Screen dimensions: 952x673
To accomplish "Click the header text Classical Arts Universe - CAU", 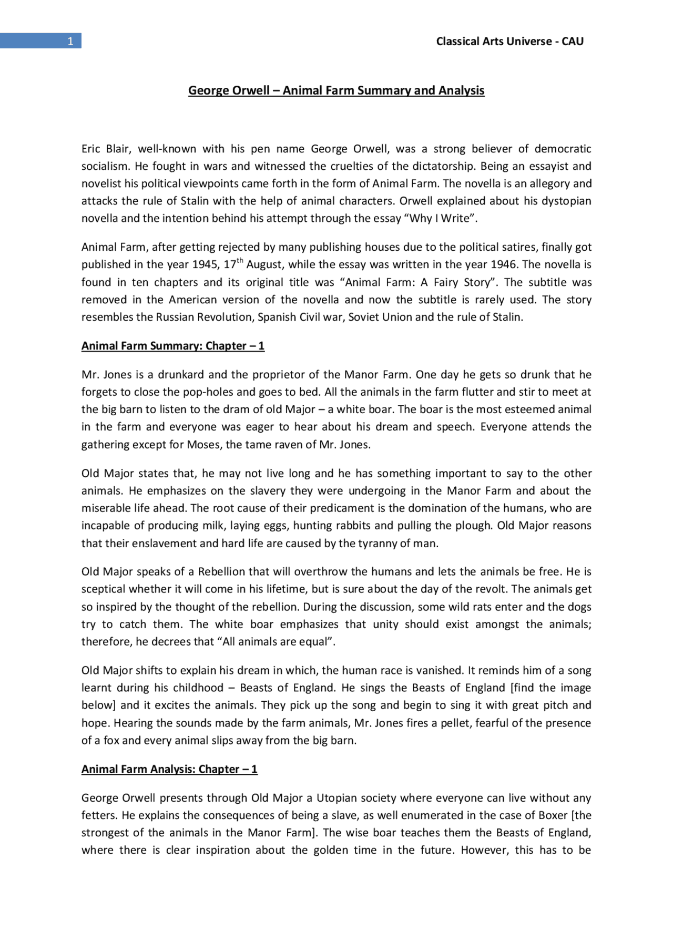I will (509, 42).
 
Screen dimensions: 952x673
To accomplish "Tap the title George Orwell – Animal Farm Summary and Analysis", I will (336, 90).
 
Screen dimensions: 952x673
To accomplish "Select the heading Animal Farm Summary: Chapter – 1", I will (172, 346).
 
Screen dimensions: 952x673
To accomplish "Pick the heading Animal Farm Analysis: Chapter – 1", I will (169, 769).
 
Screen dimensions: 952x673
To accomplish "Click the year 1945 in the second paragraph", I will (206, 265).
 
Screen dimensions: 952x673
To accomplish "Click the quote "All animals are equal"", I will (279, 642).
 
